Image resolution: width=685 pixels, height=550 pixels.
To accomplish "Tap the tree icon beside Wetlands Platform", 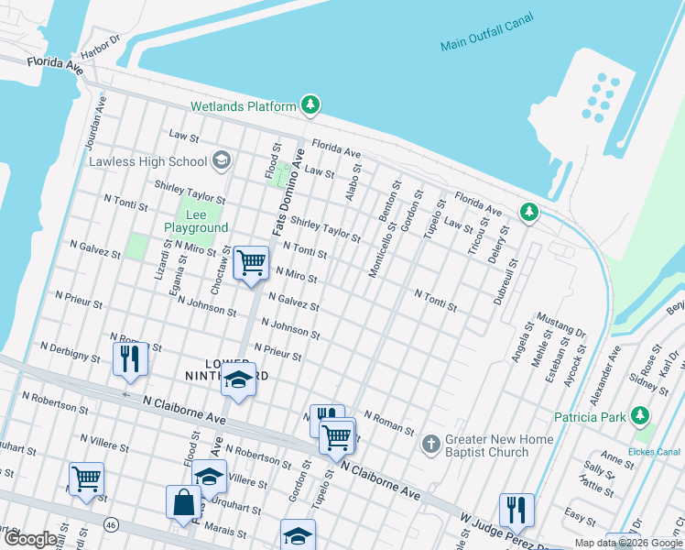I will [311, 106].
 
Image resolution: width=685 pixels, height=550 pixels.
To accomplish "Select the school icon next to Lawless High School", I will [221, 162].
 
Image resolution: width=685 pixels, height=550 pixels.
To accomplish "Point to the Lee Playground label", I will [195, 221].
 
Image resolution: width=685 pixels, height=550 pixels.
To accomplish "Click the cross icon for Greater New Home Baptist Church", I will [431, 445].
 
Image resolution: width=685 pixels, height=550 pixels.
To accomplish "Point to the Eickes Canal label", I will [661, 451].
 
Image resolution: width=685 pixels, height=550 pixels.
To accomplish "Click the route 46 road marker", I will [111, 524].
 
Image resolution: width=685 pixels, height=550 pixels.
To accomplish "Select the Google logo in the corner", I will [30, 540].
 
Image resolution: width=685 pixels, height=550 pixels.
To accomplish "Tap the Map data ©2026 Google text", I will [628, 543].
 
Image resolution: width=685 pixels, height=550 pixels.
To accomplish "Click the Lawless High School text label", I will [148, 162].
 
